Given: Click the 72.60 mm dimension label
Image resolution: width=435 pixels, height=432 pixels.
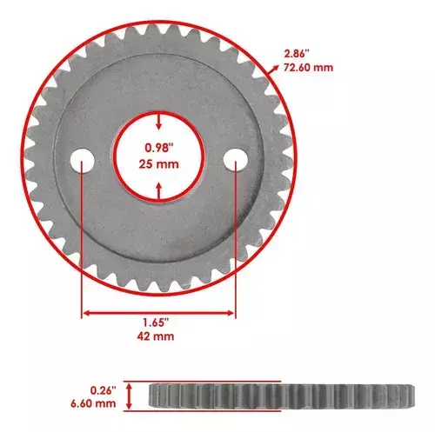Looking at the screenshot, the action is [x=308, y=68].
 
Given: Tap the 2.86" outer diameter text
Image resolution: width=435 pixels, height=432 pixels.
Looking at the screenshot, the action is [x=297, y=54].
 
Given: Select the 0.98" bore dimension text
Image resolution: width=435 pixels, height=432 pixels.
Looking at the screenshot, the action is [x=157, y=148].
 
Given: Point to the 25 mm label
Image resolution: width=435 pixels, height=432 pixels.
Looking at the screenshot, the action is [x=158, y=164].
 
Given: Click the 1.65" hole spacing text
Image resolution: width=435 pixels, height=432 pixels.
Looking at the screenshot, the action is [x=156, y=322].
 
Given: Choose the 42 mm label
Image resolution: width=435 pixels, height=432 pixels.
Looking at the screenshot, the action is [x=156, y=336].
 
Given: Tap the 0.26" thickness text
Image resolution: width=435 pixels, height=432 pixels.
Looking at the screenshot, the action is [x=104, y=390].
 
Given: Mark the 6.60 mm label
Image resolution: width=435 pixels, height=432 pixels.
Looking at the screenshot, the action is [x=93, y=403].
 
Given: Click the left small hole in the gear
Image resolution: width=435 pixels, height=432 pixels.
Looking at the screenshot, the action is [x=83, y=161].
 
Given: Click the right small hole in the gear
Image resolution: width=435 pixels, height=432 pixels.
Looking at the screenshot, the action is [x=236, y=160].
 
